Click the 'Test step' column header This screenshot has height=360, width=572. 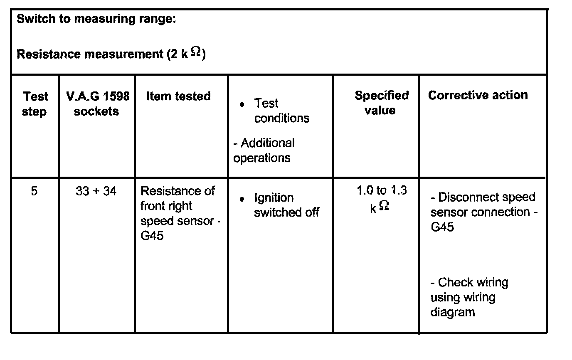(35, 104)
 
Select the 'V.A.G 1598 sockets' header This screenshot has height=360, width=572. (97, 104)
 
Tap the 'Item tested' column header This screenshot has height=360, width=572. (178, 96)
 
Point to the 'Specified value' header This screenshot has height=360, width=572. (381, 103)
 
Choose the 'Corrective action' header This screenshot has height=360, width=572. (478, 95)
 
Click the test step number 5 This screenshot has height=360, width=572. (34, 191)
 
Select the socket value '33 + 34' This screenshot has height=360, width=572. (96, 191)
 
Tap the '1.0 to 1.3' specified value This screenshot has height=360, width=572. (382, 191)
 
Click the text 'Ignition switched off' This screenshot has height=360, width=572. (286, 205)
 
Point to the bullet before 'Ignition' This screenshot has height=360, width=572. (242, 200)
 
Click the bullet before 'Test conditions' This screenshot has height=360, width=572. (242, 105)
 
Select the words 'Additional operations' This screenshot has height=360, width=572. (263, 150)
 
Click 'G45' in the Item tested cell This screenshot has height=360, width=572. (152, 236)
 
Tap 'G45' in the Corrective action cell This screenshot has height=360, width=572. (442, 227)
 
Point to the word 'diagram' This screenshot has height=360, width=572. (452, 312)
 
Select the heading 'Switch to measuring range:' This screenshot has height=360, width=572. (96, 20)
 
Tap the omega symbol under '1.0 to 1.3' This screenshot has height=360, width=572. (384, 206)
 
